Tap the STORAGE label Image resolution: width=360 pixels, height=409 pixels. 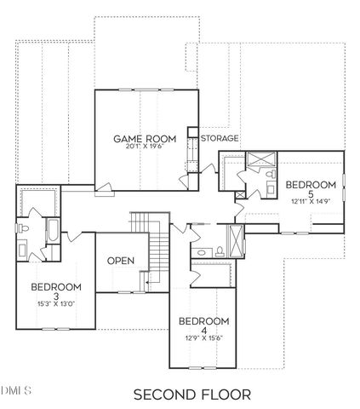(x=219, y=137)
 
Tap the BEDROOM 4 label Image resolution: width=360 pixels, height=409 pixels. (x=204, y=325)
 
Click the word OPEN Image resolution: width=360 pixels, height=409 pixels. (x=120, y=261)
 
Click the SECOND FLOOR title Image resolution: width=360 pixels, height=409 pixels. (x=191, y=394)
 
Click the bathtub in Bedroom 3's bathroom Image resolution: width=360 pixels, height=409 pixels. (x=51, y=232)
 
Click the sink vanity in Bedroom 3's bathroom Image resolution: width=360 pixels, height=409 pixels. (x=25, y=250)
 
